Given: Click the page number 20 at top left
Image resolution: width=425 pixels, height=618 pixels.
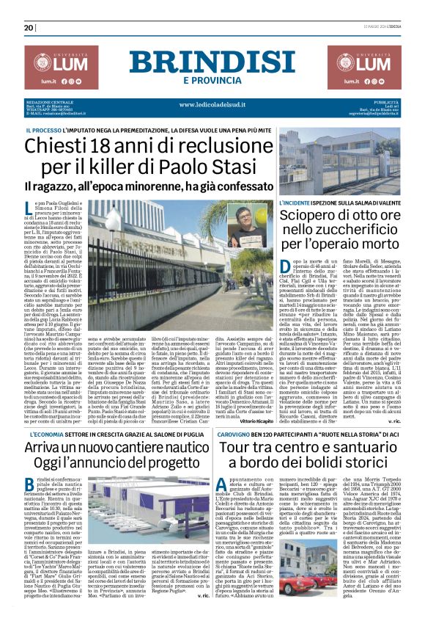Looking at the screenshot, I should click(29, 28).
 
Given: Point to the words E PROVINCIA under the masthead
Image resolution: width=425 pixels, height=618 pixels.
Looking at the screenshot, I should click(212, 80).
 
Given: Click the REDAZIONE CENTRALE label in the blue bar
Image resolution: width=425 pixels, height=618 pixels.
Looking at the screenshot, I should click(49, 101).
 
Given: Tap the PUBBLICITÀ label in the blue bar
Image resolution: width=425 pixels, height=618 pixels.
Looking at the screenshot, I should click(385, 101).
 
